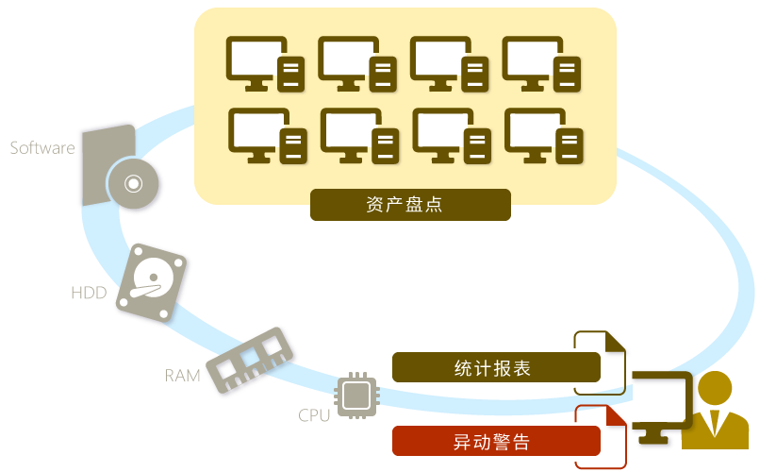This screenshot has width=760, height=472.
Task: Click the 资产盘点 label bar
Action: click(x=410, y=205)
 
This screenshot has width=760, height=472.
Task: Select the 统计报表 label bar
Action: click(x=496, y=367)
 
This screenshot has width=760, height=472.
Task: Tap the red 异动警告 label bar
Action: click(x=496, y=441)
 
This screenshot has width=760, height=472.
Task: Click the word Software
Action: click(x=41, y=148)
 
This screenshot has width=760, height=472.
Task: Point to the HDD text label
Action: click(x=89, y=294)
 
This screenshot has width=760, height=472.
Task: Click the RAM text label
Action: click(x=182, y=376)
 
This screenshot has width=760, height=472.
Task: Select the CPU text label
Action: click(x=314, y=415)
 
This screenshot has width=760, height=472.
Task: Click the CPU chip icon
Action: click(x=356, y=396)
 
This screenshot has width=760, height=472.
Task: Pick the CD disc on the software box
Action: click(x=132, y=183)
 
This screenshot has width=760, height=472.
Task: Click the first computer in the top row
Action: click(x=266, y=64)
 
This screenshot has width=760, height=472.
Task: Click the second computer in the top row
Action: click(x=357, y=64)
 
